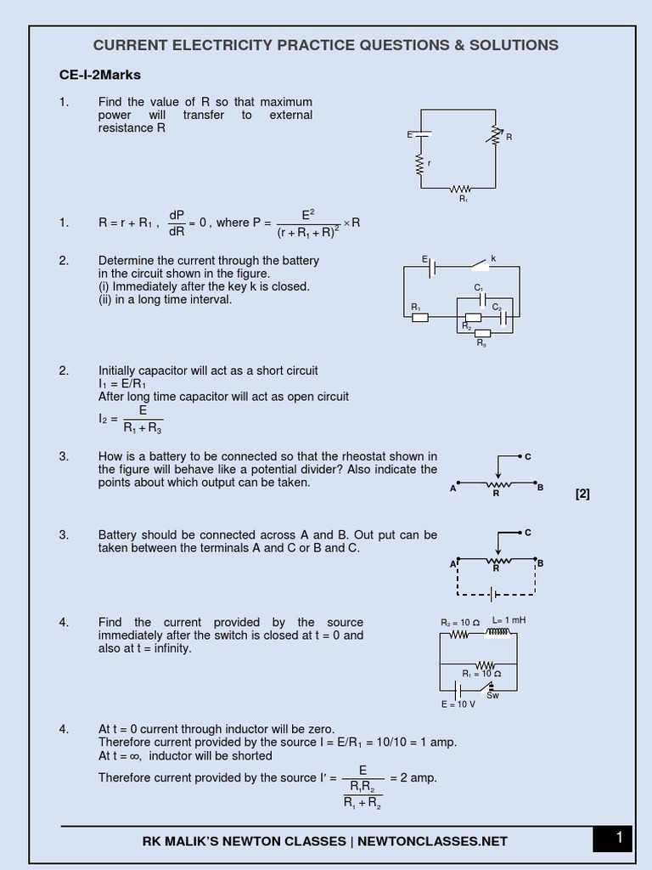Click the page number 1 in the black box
click(619, 839)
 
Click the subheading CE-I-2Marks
click(100, 75)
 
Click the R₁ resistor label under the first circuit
click(463, 198)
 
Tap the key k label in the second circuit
click(492, 257)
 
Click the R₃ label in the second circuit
click(481, 342)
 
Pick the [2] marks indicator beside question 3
click(582, 494)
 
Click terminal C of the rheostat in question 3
click(527, 456)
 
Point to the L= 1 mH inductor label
click(509, 620)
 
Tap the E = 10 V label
click(458, 704)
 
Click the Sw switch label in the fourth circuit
click(492, 695)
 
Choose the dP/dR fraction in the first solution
click(177, 223)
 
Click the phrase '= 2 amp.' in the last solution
click(413, 777)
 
